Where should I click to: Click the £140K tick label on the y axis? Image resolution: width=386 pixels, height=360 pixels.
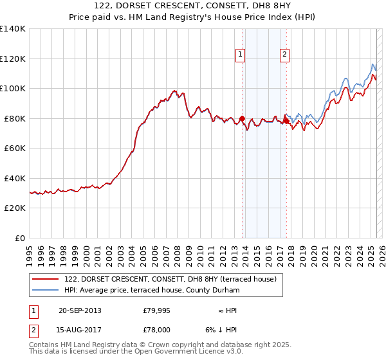tap(13, 29)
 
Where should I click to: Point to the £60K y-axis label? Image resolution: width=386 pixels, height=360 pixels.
tap(15, 148)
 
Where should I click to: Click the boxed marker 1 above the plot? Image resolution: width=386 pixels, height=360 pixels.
tap(240, 55)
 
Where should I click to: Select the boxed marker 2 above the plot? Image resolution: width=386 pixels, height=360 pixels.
tap(284, 55)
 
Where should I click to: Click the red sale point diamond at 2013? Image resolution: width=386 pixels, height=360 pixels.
tap(242, 118)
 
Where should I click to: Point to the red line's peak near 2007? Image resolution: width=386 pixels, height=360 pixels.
tap(174, 91)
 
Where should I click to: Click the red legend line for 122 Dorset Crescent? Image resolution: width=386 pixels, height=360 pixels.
tap(46, 279)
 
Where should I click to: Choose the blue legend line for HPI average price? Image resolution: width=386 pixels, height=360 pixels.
tap(46, 291)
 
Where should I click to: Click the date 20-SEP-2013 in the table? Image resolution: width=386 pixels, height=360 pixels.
tap(79, 310)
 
